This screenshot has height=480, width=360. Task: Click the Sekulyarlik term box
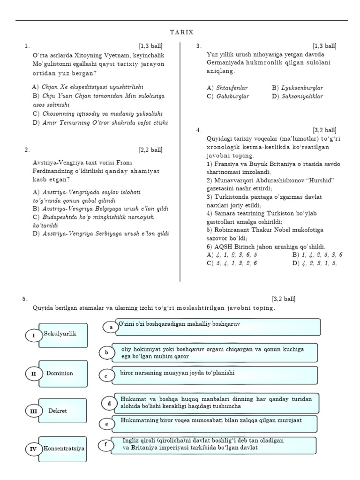[x=63, y=335]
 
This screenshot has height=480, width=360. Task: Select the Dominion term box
[x=63, y=373]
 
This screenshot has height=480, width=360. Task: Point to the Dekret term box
[x=63, y=411]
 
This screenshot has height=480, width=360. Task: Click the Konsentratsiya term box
[x=64, y=449]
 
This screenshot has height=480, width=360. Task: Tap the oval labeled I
[x=33, y=336]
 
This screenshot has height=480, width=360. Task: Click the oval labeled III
[x=33, y=411]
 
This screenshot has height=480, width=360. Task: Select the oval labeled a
[x=111, y=327]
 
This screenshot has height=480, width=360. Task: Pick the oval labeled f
[x=106, y=444]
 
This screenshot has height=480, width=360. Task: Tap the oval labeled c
[x=106, y=375]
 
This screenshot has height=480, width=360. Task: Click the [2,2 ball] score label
[x=150, y=150]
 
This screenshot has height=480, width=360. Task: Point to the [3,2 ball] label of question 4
[x=324, y=130]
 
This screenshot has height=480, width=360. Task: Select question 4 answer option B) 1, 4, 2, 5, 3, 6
[x=317, y=255]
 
